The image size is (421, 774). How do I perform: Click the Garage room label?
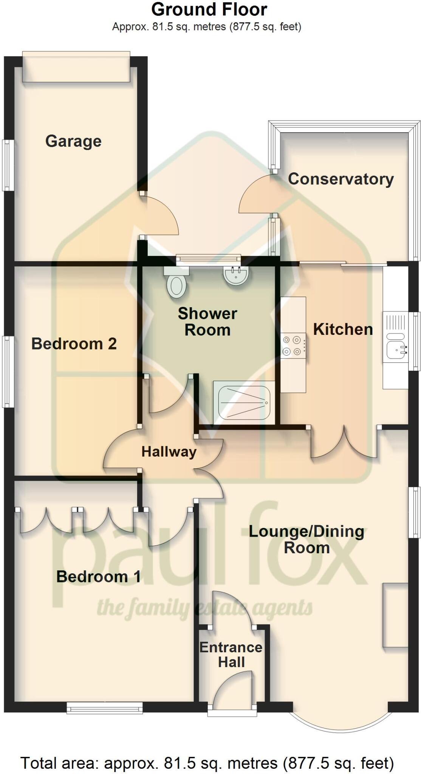point(73,141)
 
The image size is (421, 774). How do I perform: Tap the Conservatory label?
point(341,179)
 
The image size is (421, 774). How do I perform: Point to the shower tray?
point(242,402)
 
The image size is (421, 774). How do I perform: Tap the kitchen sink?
point(395,348)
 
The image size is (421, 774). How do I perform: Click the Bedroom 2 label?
point(74,344)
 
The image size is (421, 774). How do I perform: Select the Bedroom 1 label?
point(98,577)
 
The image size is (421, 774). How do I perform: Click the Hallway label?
point(169,452)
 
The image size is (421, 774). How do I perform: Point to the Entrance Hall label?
point(231,655)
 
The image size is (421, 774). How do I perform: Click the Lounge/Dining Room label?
point(306,539)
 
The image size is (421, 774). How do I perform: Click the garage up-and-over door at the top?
point(76,67)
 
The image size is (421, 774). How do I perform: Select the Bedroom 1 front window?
point(105,707)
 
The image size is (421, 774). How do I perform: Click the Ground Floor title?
point(209,10)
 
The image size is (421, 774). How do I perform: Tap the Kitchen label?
point(343,330)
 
